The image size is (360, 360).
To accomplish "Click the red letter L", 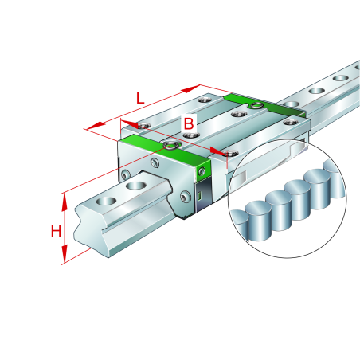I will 139,99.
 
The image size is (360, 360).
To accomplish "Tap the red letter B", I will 189,123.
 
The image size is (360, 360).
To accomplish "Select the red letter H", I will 56,232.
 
